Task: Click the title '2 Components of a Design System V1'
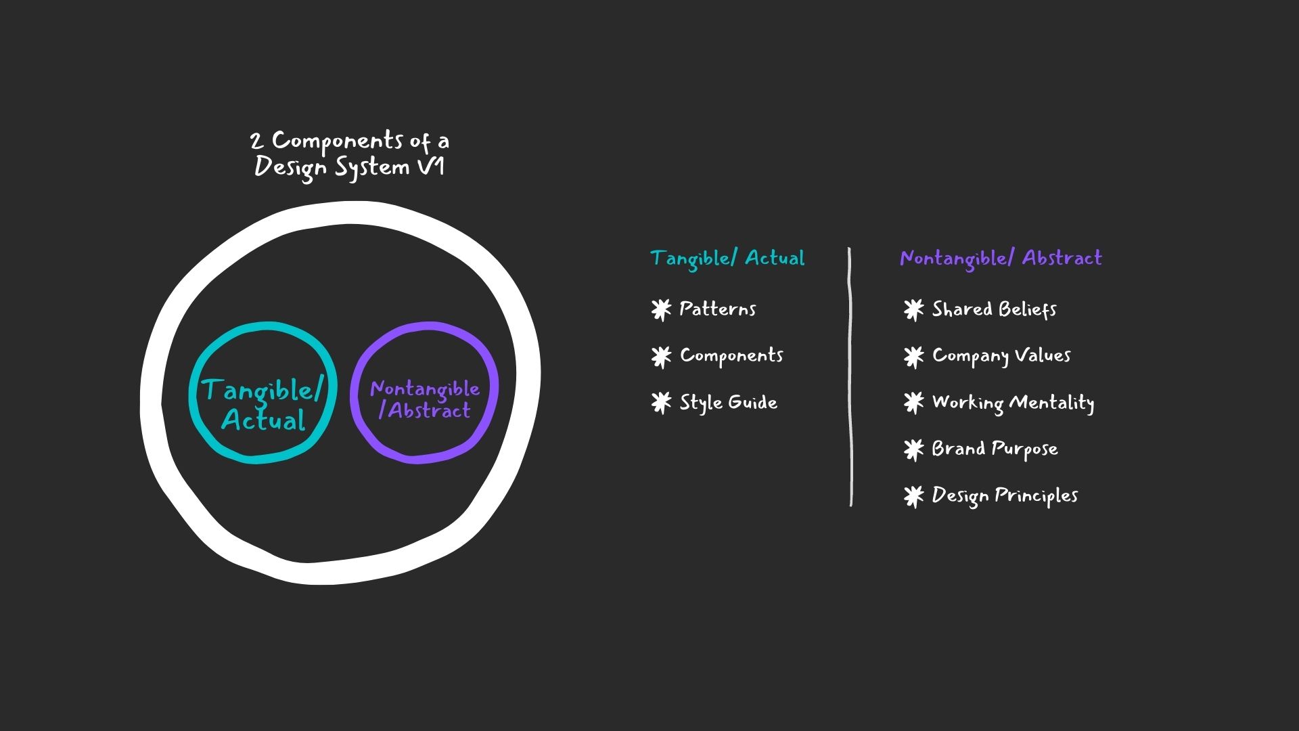point(349,154)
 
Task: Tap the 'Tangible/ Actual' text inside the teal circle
point(263,404)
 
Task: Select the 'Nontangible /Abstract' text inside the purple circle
point(425,399)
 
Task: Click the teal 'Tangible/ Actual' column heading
point(727,258)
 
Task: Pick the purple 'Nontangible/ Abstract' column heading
point(1001,258)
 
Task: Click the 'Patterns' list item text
point(718,309)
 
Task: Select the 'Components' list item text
point(731,355)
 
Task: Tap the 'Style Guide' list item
point(729,403)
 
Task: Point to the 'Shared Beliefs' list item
point(995,309)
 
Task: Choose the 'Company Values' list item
point(1001,356)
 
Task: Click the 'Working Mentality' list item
point(1013,403)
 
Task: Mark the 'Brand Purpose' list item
point(995,449)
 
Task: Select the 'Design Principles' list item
point(1005,495)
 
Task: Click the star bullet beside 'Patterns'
point(661,310)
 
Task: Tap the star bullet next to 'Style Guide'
point(661,403)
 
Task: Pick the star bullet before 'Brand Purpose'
point(913,449)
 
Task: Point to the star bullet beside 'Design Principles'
point(913,496)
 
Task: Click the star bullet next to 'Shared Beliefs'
point(913,310)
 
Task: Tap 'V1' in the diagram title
point(431,167)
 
